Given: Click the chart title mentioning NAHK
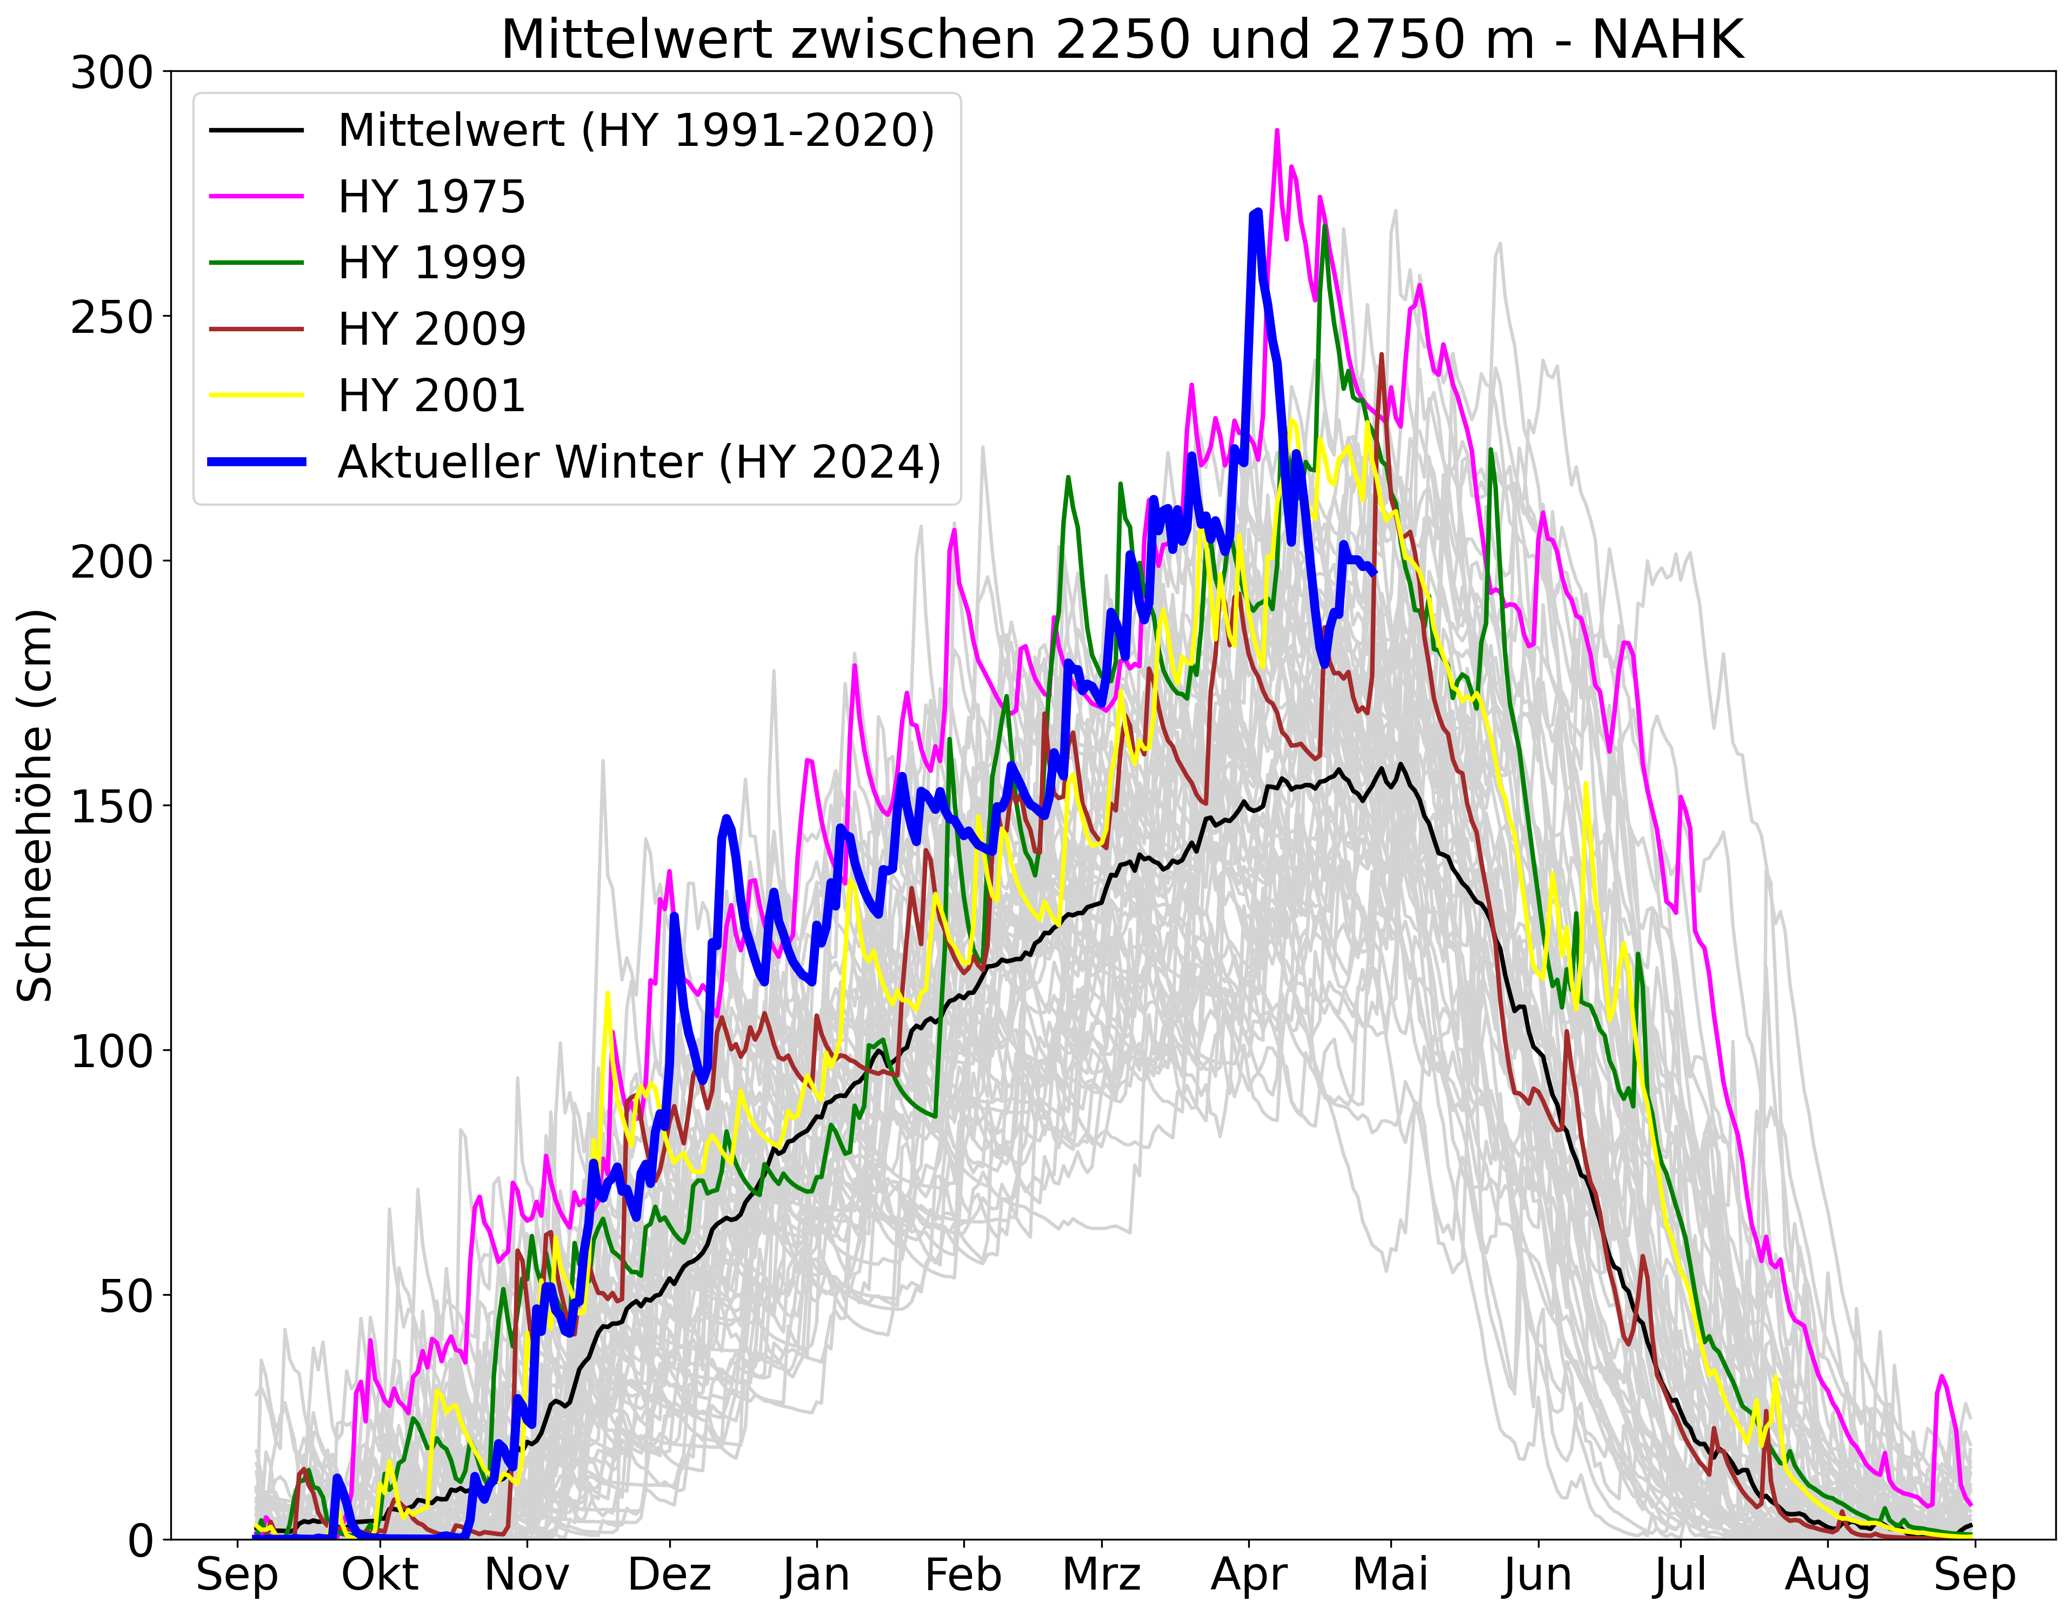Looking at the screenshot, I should pos(1122,40).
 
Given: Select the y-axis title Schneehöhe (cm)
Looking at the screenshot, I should pos(36,806).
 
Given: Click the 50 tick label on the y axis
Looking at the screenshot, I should pos(126,1296).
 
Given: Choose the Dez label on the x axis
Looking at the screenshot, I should pos(670,1575).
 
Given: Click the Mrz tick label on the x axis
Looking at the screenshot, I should pos(1102,1575).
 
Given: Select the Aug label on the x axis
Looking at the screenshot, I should pos(1826,1575).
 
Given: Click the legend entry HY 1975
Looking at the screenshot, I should pos(432,196).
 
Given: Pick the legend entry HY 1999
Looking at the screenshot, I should pos(432,263).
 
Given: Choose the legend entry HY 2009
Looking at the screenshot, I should pos(432,329).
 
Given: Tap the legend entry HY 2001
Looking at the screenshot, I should pos(432,396).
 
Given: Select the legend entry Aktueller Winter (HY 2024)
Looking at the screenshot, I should pos(638,462).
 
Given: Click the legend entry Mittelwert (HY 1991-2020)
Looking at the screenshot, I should pos(636,130).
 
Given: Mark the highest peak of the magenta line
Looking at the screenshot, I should pos(1276,131).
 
